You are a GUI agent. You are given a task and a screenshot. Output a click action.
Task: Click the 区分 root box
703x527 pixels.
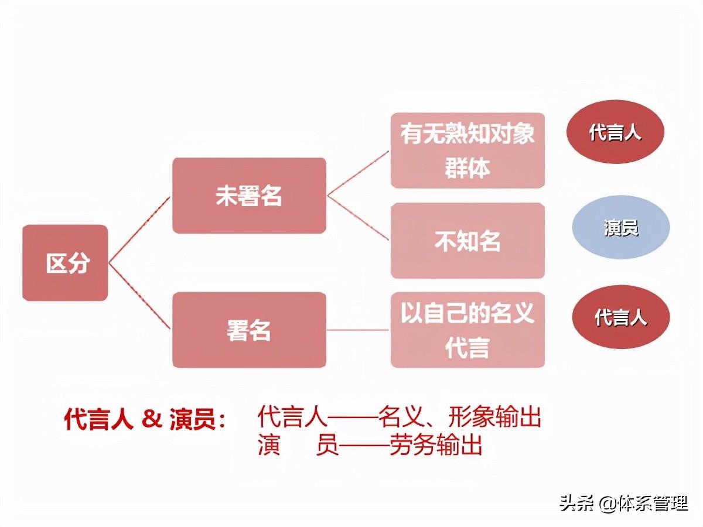[x=65, y=263]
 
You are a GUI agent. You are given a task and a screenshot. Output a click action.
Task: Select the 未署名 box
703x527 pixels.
[x=249, y=196]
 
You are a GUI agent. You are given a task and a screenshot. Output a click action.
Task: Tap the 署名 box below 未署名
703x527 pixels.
[x=249, y=330]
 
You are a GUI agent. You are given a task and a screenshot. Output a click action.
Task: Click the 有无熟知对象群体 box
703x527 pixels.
[x=467, y=150]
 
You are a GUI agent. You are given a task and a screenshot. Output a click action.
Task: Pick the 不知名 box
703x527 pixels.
[x=467, y=241]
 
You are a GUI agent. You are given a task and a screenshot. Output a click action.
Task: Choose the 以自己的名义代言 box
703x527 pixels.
[x=467, y=330]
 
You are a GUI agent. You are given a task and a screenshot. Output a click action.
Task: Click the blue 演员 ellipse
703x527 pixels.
[x=621, y=228]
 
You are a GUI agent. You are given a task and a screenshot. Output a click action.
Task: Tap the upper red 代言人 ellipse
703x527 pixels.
[x=615, y=132]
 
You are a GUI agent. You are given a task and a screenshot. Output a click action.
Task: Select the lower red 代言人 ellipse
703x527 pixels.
[x=621, y=317]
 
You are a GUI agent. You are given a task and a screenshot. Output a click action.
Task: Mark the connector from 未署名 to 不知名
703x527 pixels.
[x=358, y=217]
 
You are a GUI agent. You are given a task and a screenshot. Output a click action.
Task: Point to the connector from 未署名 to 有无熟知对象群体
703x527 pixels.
[x=358, y=173]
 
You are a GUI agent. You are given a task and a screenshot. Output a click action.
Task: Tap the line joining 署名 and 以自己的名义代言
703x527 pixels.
[x=358, y=330]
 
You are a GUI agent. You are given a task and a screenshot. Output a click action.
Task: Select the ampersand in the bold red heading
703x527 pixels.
[x=151, y=420]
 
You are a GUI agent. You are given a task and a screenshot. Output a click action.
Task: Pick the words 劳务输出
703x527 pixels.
[x=436, y=446]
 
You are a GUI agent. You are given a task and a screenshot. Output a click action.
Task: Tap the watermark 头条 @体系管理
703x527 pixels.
[x=623, y=504]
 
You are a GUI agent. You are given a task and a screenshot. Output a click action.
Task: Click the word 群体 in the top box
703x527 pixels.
[x=467, y=169]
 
